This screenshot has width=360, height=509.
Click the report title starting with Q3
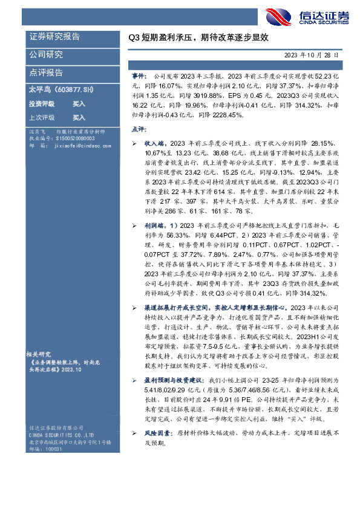197,37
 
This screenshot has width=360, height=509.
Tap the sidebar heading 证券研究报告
54,37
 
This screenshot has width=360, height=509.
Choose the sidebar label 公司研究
46,54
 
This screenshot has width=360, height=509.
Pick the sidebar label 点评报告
46,73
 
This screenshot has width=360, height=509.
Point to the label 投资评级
41,104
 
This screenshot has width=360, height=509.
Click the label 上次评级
41,117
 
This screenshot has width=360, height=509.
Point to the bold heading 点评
139,129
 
